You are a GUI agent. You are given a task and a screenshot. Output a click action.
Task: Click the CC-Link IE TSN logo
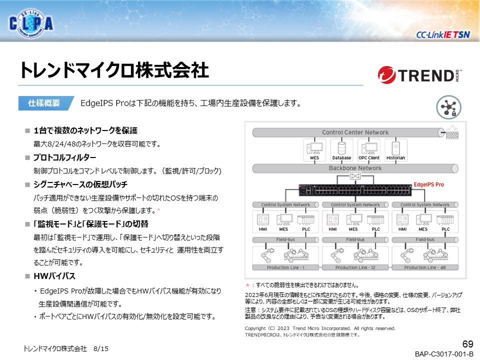443,34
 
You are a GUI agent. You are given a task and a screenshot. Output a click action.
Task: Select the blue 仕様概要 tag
46,103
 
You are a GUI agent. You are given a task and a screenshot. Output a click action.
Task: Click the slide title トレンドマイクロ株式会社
114,70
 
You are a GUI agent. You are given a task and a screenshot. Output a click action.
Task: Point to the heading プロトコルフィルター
64,157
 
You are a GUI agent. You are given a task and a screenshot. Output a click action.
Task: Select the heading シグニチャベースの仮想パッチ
80,184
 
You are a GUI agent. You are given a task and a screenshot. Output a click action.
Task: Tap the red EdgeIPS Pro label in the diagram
429,184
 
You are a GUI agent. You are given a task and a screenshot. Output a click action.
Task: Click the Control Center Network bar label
355,132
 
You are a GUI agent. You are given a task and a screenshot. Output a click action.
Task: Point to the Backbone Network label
355,168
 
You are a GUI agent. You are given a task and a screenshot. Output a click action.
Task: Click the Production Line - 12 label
354,267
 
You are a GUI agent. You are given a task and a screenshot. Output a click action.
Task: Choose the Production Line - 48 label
424,267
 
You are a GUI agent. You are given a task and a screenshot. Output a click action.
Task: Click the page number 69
467,344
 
